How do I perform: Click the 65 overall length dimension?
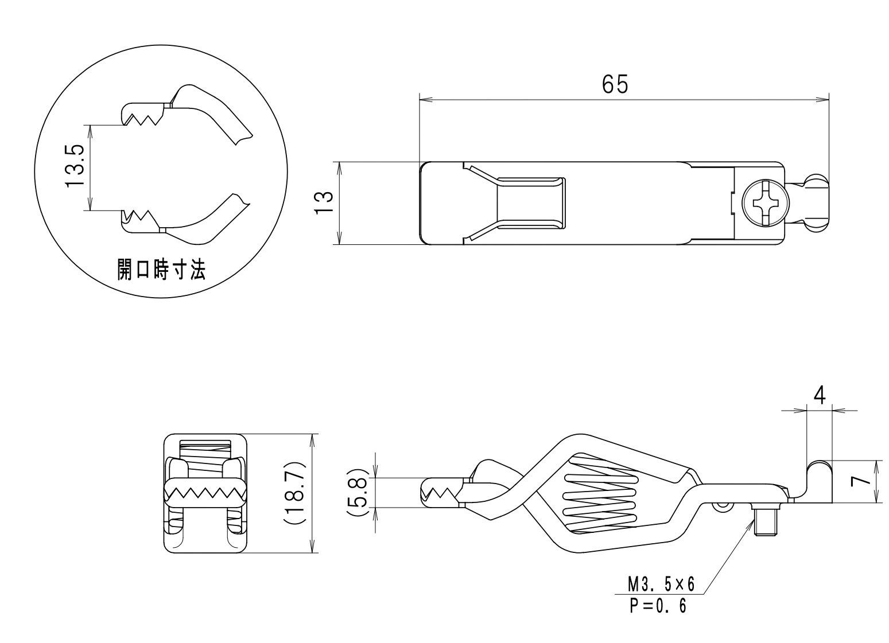pyautogui.click(x=615, y=84)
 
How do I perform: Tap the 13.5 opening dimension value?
pyautogui.click(x=75, y=166)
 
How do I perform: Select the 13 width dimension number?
pyautogui.click(x=324, y=203)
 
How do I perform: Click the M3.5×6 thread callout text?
pyautogui.click(x=661, y=584)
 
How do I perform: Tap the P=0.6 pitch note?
pyautogui.click(x=658, y=606)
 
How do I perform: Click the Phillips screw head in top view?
pyautogui.click(x=765, y=202)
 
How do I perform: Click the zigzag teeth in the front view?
pyautogui.click(x=204, y=492)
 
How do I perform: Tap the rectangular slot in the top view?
pyautogui.click(x=531, y=203)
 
